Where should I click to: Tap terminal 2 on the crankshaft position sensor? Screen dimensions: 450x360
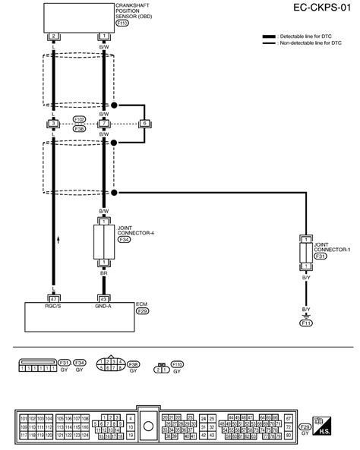coord(53,36)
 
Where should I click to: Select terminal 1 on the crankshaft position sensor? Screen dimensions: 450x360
coord(103,36)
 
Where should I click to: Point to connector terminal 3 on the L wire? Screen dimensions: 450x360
coord(53,122)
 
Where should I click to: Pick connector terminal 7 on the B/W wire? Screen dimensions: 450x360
coord(103,122)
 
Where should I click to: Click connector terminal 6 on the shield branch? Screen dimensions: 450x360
coord(145,122)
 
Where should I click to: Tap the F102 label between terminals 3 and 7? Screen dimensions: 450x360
coord(78,118)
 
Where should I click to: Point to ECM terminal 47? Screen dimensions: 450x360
coord(53,298)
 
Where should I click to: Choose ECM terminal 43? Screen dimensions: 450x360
coord(103,298)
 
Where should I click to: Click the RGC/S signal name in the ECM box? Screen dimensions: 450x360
coord(53,307)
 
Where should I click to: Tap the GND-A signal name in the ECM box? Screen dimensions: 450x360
coord(103,307)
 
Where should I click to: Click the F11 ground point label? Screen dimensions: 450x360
coord(306,323)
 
